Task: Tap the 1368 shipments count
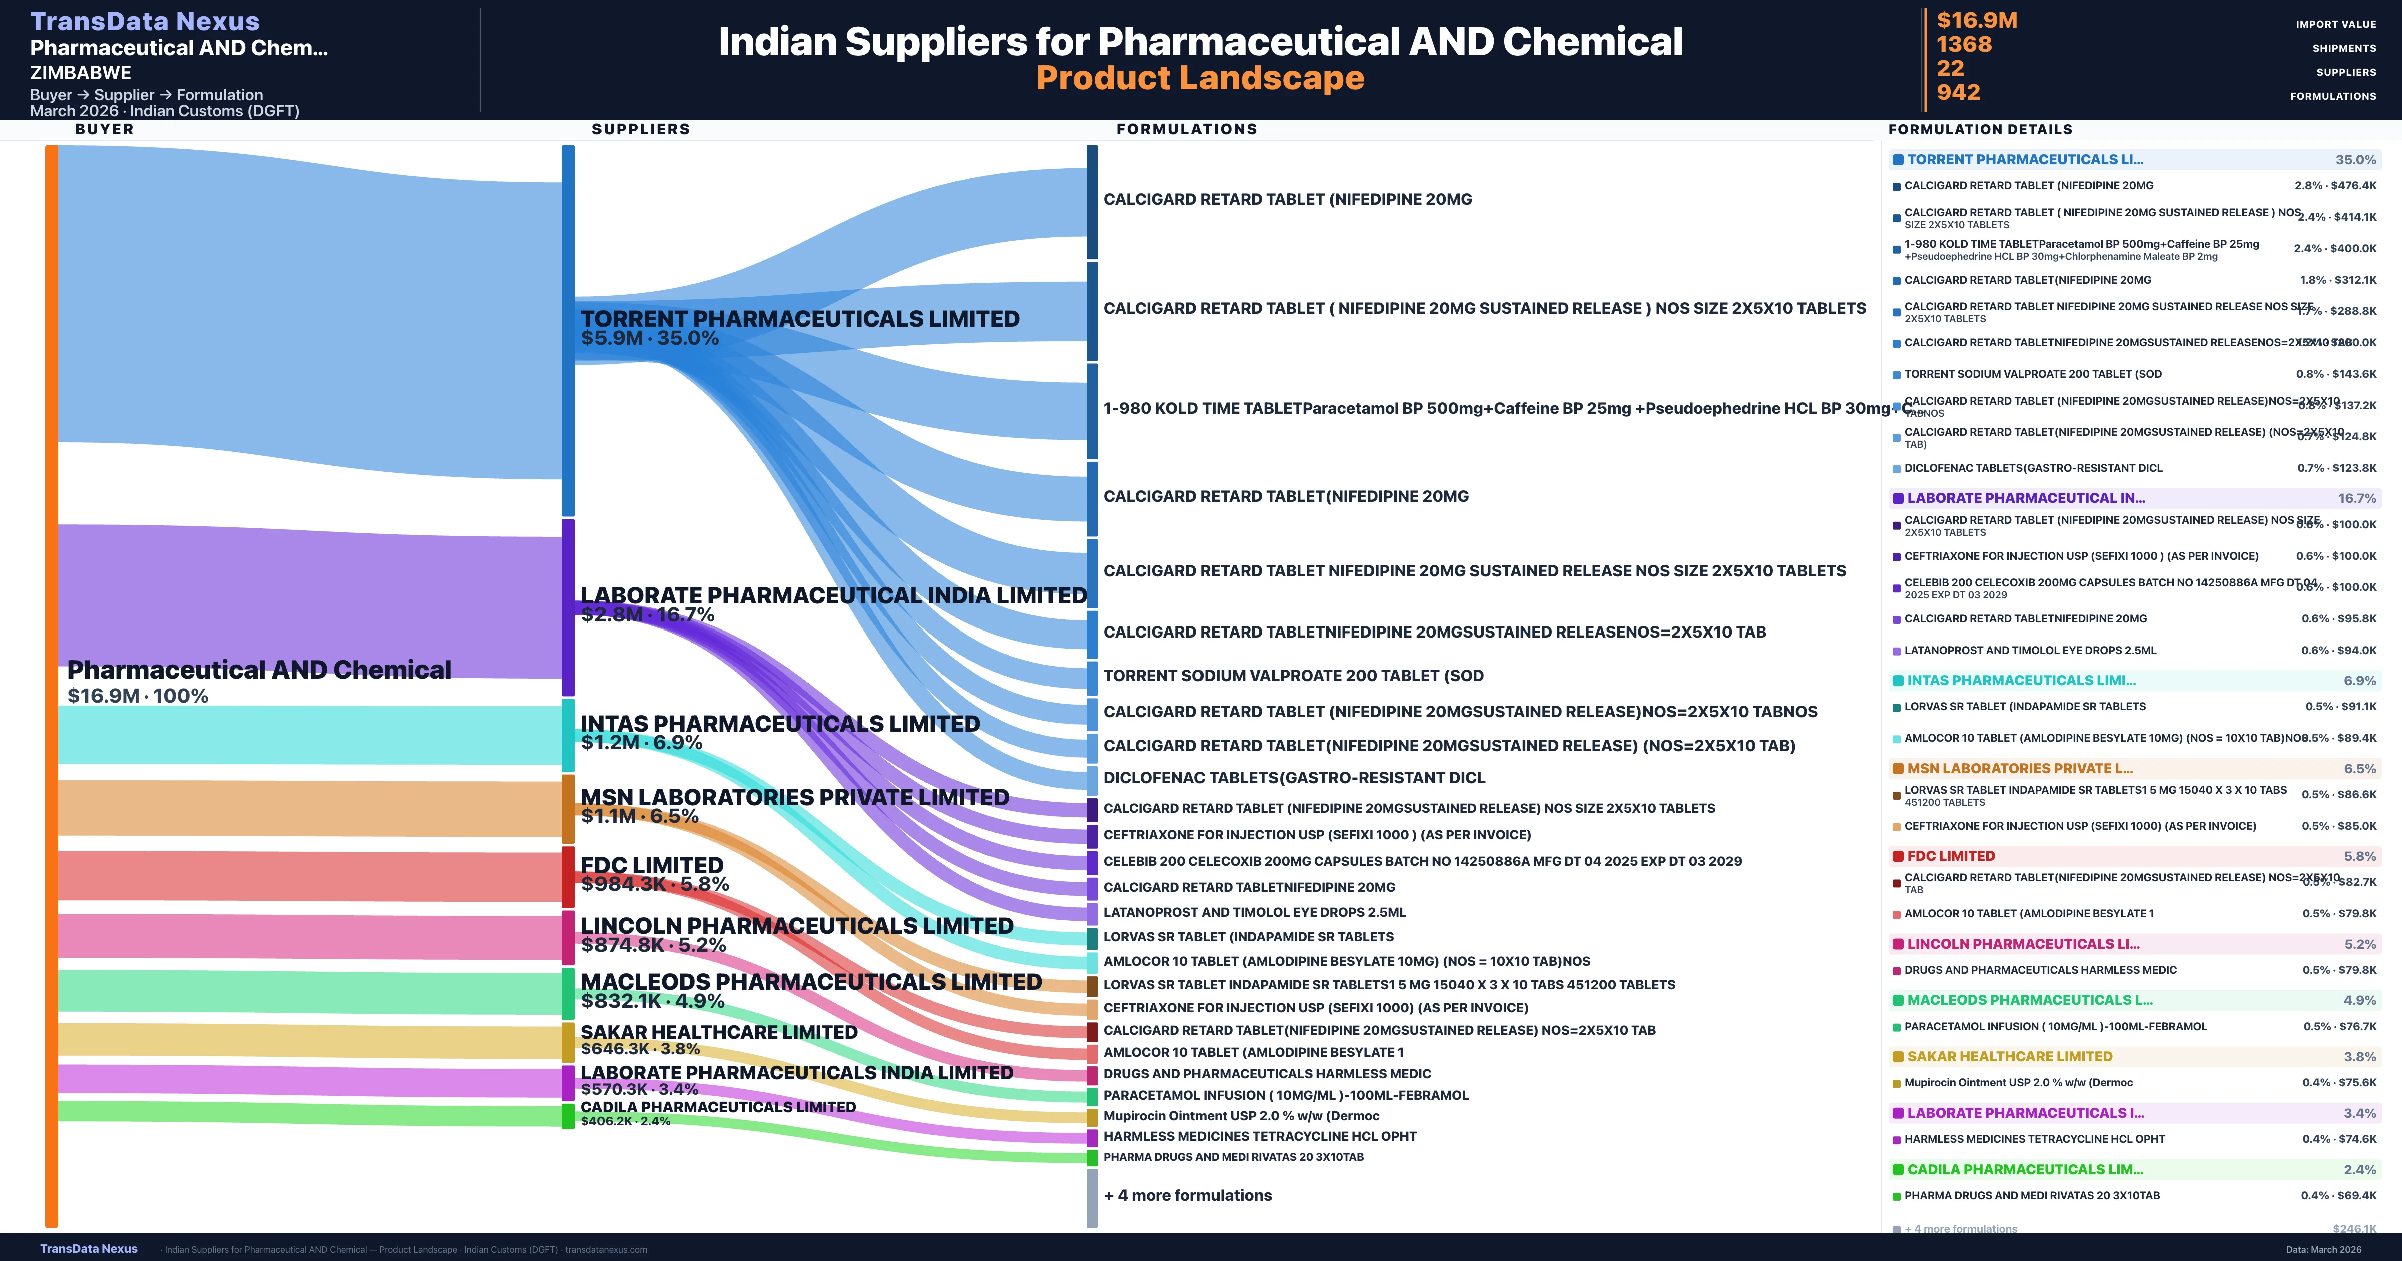coord(1964,45)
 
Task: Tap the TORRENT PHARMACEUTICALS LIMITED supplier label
coord(800,319)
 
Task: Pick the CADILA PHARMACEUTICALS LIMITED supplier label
coord(718,1107)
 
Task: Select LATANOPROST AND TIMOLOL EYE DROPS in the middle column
coord(1254,912)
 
